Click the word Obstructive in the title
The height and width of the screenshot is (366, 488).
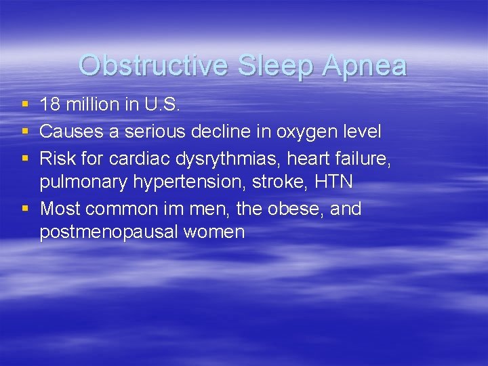click(x=154, y=66)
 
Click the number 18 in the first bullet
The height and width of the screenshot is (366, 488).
click(x=49, y=105)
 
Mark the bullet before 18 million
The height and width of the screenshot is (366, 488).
click(x=25, y=105)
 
